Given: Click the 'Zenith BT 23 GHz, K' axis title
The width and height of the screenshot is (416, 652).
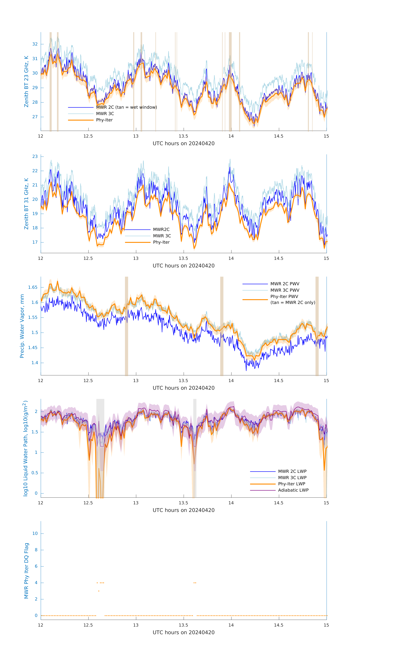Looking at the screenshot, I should (x=26, y=81).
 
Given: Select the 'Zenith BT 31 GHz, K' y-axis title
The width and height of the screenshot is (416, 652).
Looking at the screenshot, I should (x=26, y=204).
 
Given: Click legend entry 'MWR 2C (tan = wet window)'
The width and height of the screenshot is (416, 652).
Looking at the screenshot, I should (x=126, y=107).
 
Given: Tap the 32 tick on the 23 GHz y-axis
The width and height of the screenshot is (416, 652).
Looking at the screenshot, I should (x=35, y=44).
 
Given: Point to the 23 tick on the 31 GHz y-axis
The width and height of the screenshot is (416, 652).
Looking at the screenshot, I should (x=35, y=156).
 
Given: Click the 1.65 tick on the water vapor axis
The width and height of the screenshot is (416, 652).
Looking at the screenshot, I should (x=33, y=287).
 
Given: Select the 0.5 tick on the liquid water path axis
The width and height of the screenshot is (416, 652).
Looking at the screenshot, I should (x=35, y=473).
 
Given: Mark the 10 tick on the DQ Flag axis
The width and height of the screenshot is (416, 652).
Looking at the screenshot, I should (x=35, y=533).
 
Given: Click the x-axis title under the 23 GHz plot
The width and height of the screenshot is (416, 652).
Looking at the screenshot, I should (x=183, y=144).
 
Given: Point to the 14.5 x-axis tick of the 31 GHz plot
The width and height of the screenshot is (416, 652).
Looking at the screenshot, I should (x=279, y=258).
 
